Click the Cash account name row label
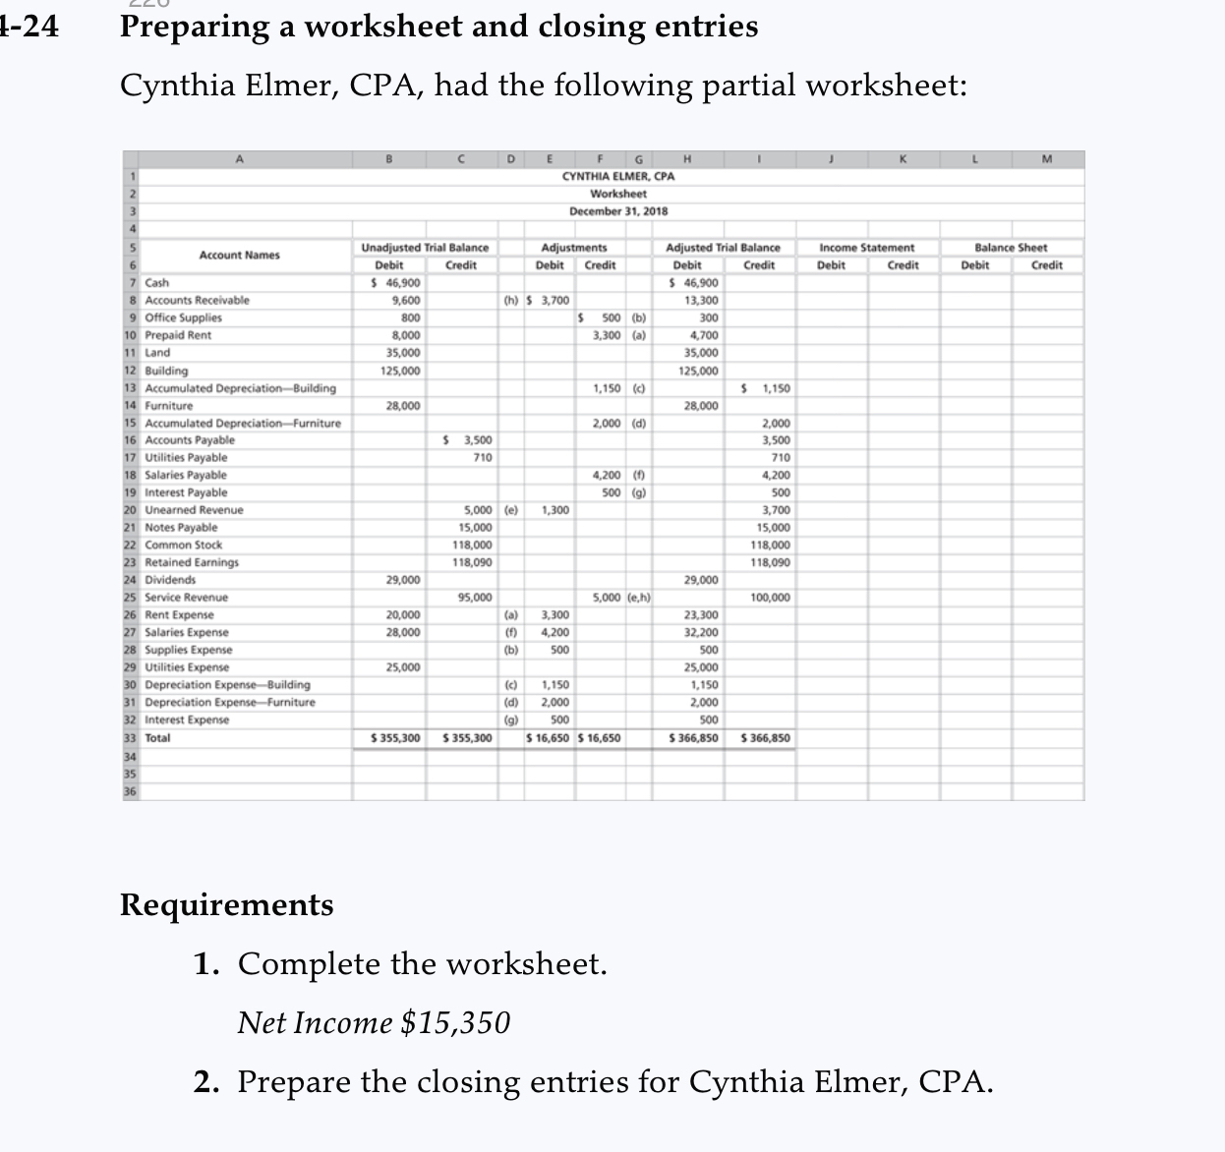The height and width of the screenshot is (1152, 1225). coord(157,283)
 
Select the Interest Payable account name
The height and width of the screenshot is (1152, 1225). coord(186,492)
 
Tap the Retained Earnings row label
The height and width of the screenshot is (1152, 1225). coord(192,562)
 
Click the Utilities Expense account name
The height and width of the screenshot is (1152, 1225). coord(187,667)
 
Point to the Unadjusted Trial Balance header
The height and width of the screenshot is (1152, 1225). coord(425,248)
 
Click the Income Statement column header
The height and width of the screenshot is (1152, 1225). coord(866,248)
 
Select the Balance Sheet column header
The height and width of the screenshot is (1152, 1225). coord(1011,248)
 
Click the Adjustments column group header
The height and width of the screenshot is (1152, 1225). coord(574,248)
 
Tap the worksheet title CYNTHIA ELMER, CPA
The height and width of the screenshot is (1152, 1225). coord(617,176)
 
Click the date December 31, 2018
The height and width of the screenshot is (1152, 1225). coord(618,211)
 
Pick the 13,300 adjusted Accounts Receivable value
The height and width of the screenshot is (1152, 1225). coord(702,301)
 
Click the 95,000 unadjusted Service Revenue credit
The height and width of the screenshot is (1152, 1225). coord(476,598)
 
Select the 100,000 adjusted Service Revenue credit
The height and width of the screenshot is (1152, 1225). coord(770,598)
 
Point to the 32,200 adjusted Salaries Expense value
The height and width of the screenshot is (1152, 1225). coord(702,633)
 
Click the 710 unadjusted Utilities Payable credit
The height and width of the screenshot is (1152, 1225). coord(483,458)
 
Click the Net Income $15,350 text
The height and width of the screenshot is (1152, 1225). coord(374,1023)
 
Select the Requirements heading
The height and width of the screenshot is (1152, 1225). coord(227,904)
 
